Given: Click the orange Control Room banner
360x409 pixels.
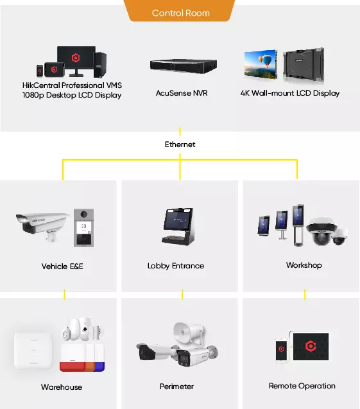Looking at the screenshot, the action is [x=180, y=11].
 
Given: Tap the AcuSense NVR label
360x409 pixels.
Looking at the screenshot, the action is [x=182, y=93].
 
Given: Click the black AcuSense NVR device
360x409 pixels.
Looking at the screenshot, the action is [x=184, y=66].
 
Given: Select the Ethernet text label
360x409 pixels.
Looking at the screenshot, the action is [x=180, y=144].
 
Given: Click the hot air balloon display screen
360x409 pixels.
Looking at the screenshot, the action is [x=261, y=64].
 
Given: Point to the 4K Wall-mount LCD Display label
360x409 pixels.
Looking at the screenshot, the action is [x=290, y=93].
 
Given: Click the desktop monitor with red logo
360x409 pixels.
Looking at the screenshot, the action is [x=76, y=61].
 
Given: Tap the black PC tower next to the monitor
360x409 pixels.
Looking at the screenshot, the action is [x=100, y=65].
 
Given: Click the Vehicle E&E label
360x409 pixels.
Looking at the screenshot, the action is [x=62, y=266].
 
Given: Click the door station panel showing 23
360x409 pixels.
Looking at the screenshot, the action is [x=83, y=228].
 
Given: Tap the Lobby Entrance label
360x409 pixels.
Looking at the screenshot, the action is [x=176, y=266].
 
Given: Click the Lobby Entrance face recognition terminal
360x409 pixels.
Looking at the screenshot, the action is [x=178, y=226].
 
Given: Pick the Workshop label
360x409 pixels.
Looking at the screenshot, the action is [x=304, y=265].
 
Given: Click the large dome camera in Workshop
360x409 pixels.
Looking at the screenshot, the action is [x=321, y=231].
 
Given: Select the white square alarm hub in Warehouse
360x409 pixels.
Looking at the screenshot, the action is [x=33, y=351].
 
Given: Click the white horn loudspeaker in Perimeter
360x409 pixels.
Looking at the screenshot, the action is [x=189, y=332].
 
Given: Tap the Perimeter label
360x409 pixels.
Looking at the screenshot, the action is [x=176, y=387].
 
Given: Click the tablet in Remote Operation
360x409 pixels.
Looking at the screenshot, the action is [x=309, y=347].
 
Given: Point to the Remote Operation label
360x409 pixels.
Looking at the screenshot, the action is [x=302, y=386].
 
